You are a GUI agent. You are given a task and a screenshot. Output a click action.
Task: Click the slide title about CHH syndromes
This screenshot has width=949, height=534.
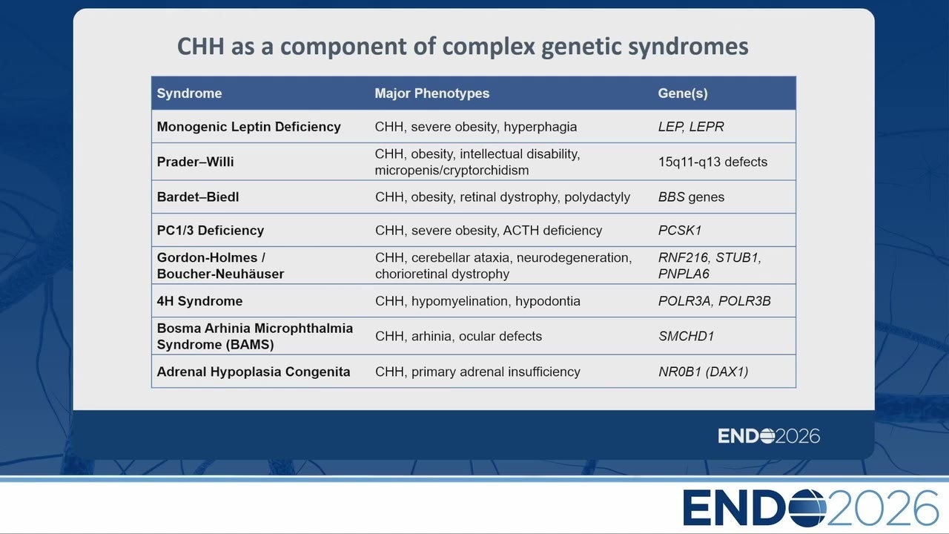point(463,47)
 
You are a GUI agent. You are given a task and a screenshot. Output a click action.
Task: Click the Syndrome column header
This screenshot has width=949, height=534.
point(189,93)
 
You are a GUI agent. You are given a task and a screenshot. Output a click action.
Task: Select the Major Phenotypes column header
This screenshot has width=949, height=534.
point(432,93)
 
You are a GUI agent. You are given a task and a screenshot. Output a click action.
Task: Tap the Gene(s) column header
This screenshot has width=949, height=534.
point(683,93)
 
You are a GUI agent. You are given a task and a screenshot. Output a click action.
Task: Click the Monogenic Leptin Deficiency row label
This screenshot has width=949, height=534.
point(248,127)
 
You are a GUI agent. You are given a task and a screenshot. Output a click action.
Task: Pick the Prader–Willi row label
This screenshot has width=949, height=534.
point(195,162)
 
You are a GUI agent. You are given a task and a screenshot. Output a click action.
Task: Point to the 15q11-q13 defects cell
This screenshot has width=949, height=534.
point(712,162)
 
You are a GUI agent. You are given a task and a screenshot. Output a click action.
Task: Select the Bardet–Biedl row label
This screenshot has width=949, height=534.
point(198,197)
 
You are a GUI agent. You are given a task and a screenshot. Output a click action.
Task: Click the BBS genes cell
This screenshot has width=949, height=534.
point(691,197)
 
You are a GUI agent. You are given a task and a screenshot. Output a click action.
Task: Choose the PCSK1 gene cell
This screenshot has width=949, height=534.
point(680,230)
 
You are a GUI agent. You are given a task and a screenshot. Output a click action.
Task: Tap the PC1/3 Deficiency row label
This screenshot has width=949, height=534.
point(211,230)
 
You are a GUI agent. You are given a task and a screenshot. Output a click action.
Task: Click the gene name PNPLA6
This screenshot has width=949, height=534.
point(684,274)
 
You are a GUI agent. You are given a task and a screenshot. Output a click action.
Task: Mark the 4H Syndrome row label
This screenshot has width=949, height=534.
point(199,301)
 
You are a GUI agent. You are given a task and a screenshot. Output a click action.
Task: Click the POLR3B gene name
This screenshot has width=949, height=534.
point(744,301)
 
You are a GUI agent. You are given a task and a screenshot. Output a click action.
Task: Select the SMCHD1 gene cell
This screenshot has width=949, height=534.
point(686,336)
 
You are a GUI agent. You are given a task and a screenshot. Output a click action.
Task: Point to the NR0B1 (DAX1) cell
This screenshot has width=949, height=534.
point(704,372)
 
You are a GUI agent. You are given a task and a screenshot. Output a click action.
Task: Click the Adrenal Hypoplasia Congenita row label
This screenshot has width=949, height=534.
point(254,372)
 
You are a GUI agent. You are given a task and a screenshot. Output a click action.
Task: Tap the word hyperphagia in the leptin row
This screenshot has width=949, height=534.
point(540,127)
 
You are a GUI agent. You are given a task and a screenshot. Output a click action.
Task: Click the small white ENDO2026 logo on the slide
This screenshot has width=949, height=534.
point(769,436)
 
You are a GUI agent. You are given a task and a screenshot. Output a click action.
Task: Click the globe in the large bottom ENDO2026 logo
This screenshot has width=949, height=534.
point(807,508)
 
